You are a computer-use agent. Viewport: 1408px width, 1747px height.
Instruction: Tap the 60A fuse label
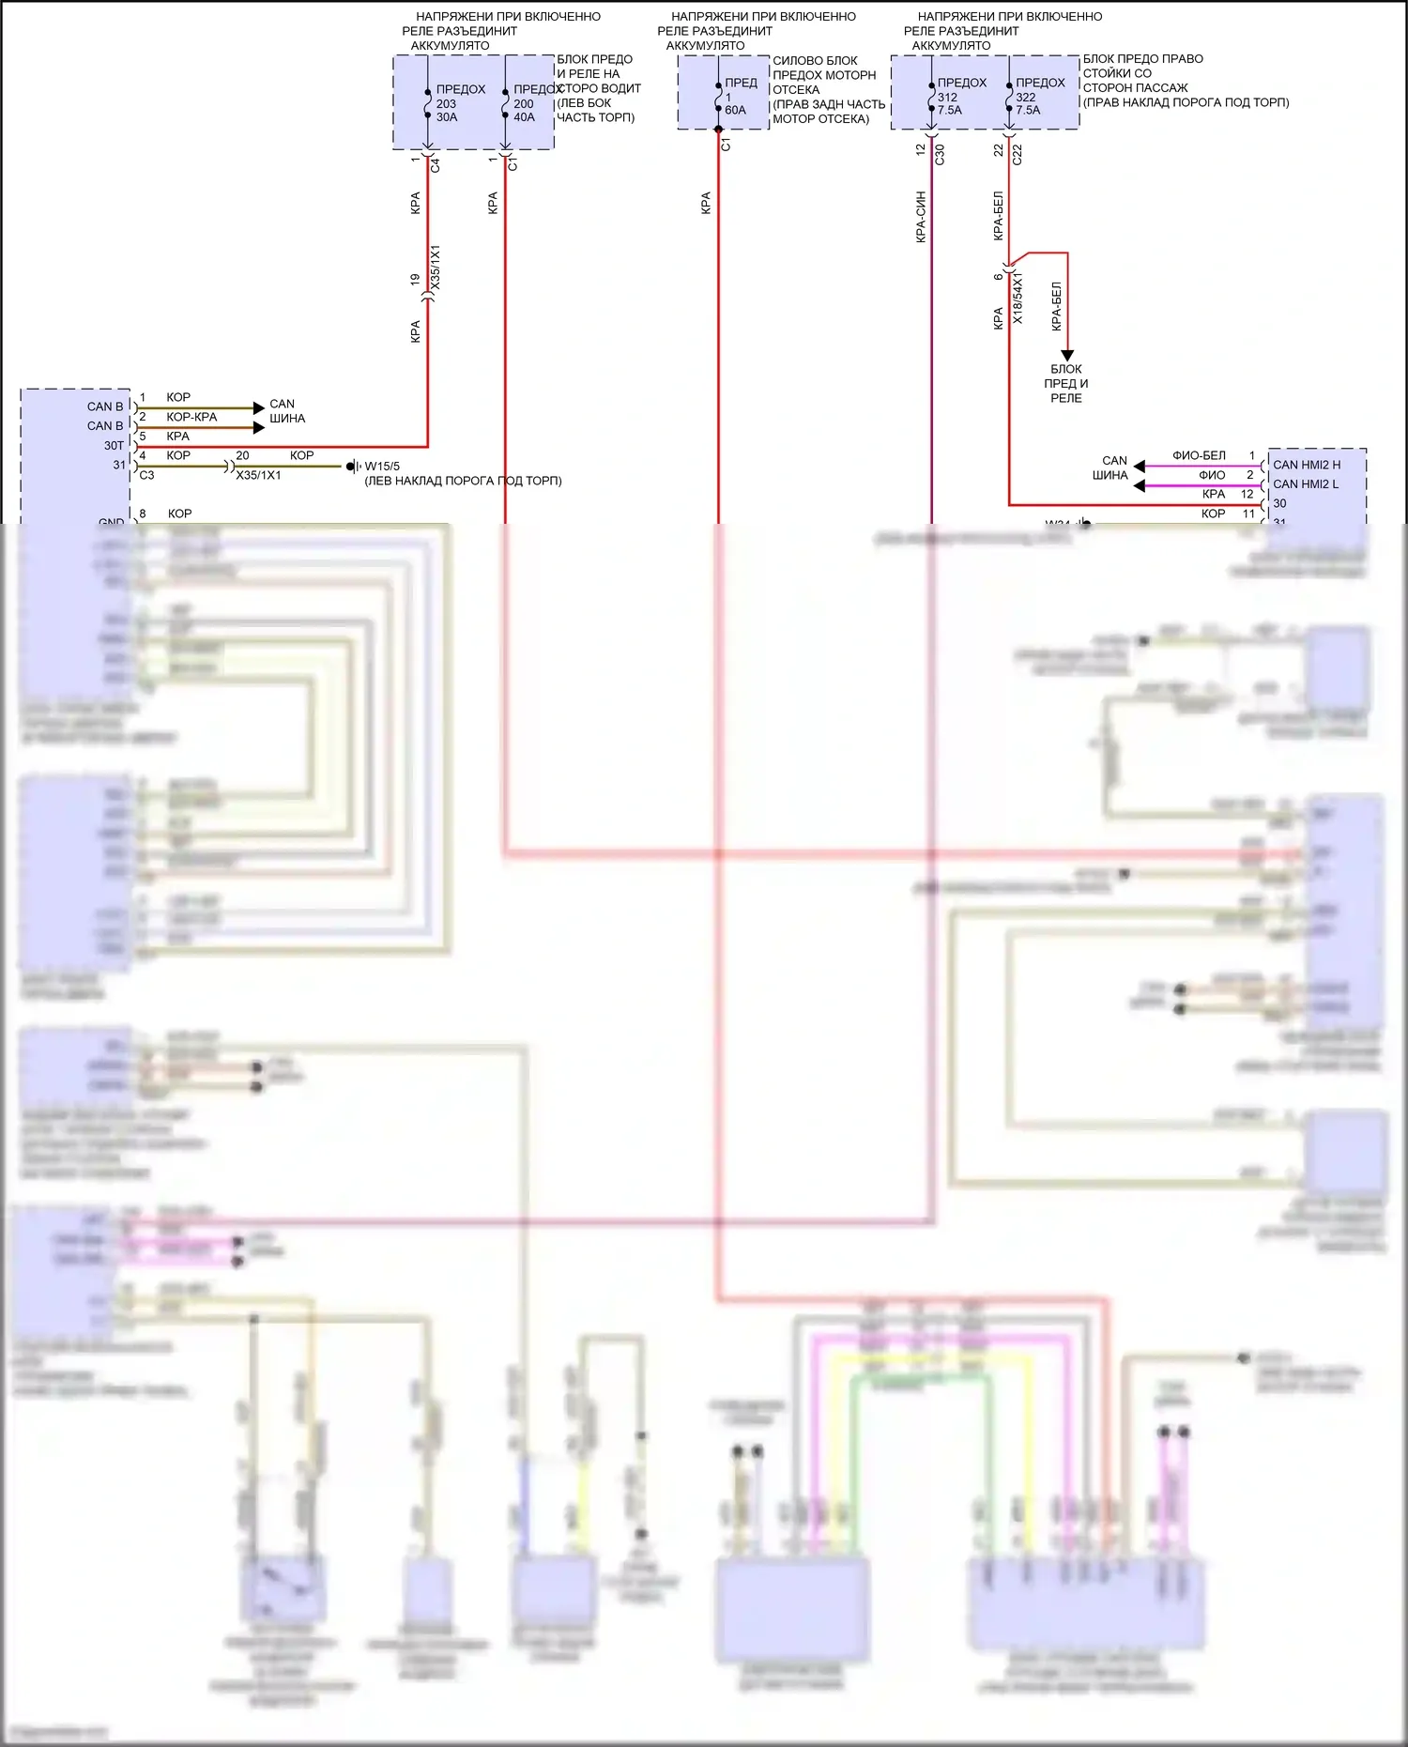736,110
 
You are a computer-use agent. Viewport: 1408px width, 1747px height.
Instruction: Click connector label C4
435,165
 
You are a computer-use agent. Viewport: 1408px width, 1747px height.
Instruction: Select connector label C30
940,155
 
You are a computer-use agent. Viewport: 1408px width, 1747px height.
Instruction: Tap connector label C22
1018,155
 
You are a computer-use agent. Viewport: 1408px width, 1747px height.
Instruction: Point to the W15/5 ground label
382,466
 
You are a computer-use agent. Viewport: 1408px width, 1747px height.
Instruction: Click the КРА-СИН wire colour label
921,217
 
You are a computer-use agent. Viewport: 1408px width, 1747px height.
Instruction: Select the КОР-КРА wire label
191,417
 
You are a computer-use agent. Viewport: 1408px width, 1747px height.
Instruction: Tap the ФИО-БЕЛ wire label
1199,455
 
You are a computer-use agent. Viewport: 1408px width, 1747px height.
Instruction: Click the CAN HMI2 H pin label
1307,465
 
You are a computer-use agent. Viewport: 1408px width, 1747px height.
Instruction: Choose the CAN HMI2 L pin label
1306,484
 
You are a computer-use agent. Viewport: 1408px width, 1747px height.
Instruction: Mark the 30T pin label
114,446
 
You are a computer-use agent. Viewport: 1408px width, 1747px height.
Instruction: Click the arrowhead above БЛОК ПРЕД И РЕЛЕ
1067,356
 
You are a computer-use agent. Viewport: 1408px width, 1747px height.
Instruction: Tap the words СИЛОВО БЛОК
815,60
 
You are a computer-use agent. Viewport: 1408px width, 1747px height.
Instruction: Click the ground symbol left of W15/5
353,466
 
